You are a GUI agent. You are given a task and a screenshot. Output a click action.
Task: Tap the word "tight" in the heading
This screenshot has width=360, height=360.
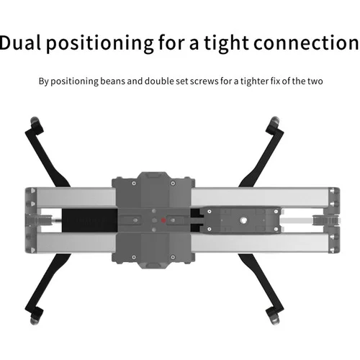(x=226, y=43)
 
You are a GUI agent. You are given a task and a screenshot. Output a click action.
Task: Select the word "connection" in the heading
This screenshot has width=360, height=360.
(x=306, y=43)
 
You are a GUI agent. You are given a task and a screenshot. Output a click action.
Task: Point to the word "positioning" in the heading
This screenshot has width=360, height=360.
(x=100, y=43)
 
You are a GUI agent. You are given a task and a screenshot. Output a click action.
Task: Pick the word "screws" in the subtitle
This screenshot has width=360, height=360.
(x=204, y=81)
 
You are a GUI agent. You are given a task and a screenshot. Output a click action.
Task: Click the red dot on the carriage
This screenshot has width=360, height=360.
(x=163, y=220)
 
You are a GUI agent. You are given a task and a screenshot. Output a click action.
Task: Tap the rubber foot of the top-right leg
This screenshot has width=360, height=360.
(x=275, y=122)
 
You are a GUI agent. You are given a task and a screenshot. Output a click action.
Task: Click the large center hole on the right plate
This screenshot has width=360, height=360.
(x=243, y=220)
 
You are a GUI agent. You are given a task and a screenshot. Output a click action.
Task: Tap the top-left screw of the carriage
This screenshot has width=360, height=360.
(x=134, y=184)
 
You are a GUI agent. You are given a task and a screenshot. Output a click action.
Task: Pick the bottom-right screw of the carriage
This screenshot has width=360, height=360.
(x=173, y=257)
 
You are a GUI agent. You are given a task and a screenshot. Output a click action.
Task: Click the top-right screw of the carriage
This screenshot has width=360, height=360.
(x=173, y=184)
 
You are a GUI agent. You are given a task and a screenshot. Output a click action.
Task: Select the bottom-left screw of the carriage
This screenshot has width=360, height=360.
(x=134, y=257)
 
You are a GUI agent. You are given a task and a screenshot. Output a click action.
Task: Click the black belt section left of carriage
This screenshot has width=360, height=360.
(x=89, y=220)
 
